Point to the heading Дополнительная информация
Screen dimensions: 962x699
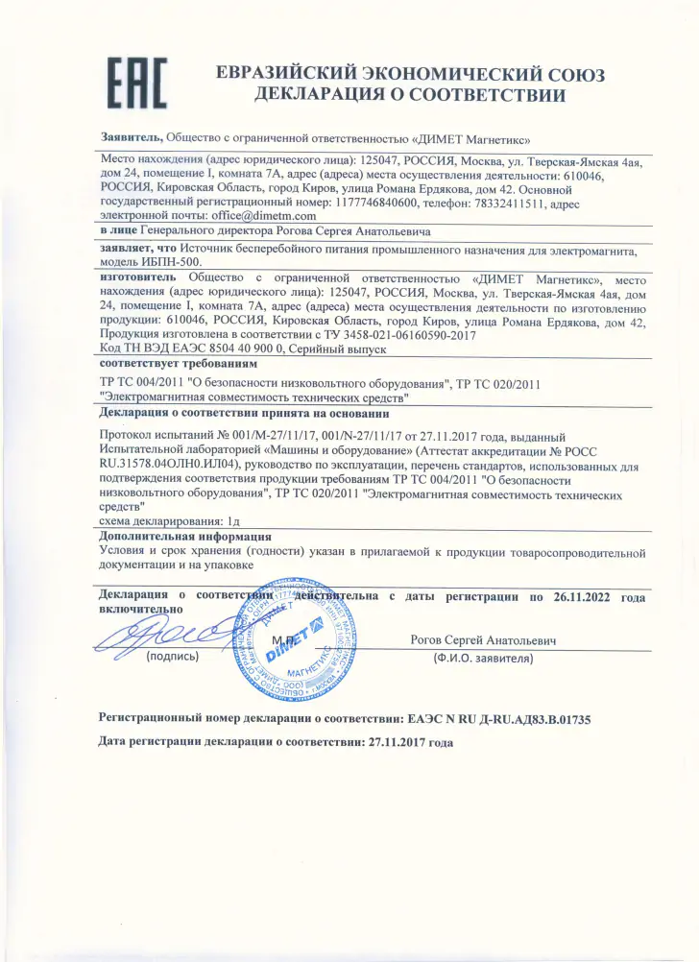tap(185, 538)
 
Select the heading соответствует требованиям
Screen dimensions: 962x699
tap(178, 366)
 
